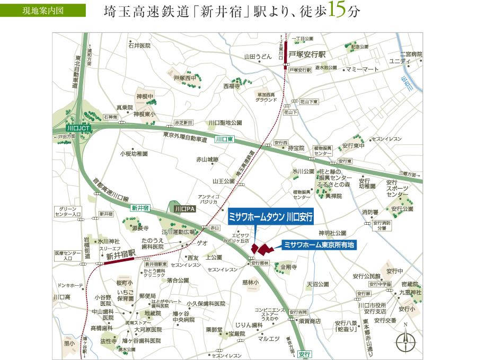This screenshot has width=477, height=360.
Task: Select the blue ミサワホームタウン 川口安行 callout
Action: coord(271,217)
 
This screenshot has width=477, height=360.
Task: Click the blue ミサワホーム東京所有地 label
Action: coord(318,245)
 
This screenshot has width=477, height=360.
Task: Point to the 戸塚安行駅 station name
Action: coord(310,55)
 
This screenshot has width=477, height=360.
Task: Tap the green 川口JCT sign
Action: coord(79,128)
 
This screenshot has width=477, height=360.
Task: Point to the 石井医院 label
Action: coord(139,46)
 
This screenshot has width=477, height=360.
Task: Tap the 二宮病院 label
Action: coord(411,54)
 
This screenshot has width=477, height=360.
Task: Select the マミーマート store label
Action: coord(363,69)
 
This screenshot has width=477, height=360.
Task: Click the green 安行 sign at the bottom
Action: coord(304,354)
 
